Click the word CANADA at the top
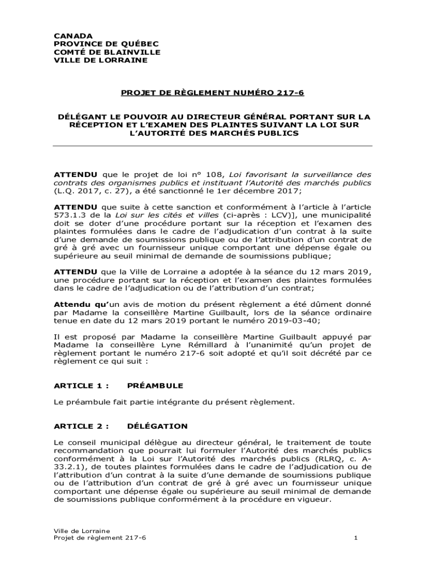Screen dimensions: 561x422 pyautogui.click(x=73, y=35)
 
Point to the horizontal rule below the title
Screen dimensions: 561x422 pyautogui.click(x=212, y=146)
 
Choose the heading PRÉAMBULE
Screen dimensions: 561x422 pyautogui.click(x=155, y=386)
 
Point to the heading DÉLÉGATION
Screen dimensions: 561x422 pyautogui.click(x=157, y=426)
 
